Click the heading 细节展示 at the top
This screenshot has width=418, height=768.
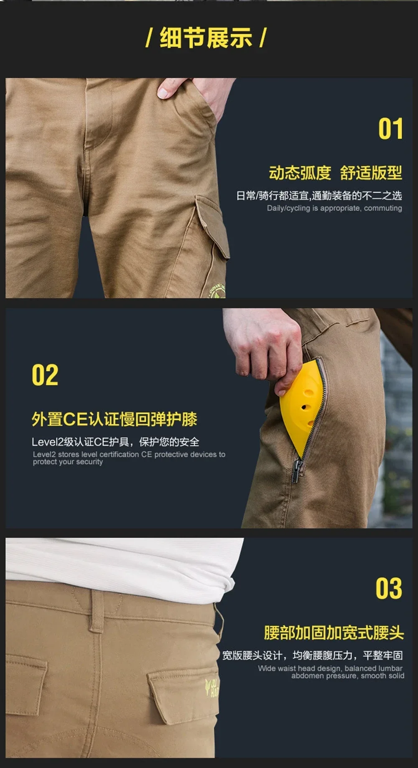pyautogui.click(x=206, y=38)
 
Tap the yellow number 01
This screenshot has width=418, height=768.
pyautogui.click(x=390, y=129)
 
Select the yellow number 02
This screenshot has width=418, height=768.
pyautogui.click(x=45, y=375)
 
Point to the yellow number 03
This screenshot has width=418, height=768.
pyautogui.click(x=388, y=588)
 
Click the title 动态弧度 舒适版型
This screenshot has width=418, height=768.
pyautogui.click(x=335, y=173)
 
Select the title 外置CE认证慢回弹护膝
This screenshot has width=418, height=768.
pyautogui.click(x=114, y=419)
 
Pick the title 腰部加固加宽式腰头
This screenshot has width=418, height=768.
pyautogui.click(x=334, y=633)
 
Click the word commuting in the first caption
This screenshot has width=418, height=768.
pyautogui.click(x=383, y=208)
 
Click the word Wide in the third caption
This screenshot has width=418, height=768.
pyautogui.click(x=267, y=668)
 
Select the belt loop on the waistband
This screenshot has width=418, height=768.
pyautogui.click(x=97, y=610)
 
